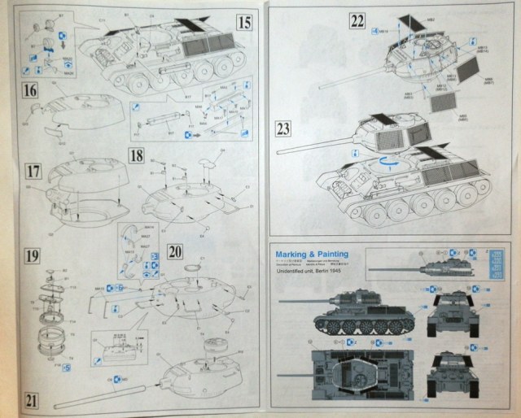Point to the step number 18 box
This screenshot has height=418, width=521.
pyautogui.click(x=138, y=155)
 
